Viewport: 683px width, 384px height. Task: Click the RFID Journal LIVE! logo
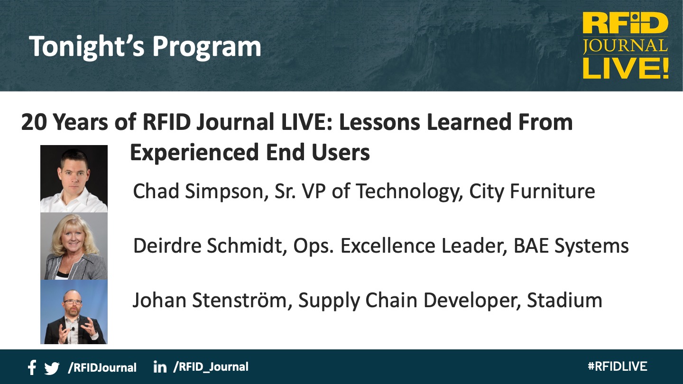click(x=625, y=46)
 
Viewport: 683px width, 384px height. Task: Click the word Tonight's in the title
click(x=87, y=46)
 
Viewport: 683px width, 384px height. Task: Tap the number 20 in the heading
click(x=34, y=122)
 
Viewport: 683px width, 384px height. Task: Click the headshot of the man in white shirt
click(x=74, y=179)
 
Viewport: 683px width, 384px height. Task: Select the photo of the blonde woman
click(x=74, y=246)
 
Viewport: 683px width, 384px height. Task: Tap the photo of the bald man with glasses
click(x=74, y=312)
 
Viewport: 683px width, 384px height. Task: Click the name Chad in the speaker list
click(x=156, y=191)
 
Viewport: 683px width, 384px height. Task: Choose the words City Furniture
click(x=532, y=192)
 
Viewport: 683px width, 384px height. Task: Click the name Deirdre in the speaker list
click(x=167, y=246)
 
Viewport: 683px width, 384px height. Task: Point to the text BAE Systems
click(x=571, y=246)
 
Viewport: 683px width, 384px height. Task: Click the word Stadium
click(x=564, y=300)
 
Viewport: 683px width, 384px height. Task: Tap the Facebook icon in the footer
click(x=32, y=367)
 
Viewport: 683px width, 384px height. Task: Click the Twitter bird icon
click(x=52, y=368)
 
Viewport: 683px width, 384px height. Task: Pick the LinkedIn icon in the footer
click(x=160, y=366)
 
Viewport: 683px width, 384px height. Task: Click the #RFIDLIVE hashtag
click(x=618, y=366)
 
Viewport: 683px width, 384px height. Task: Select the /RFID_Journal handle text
click(x=211, y=367)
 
